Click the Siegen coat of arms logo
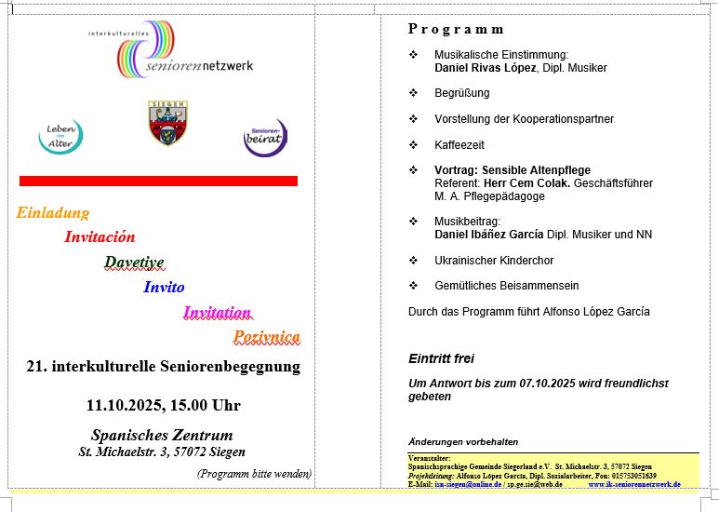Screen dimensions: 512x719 coord(167,123)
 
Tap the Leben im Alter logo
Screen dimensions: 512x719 coord(60,137)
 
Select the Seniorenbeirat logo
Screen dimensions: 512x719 coord(265,137)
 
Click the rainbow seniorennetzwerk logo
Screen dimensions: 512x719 coord(177,52)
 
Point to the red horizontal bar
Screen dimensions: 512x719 coord(158,181)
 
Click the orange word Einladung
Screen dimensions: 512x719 coord(53,212)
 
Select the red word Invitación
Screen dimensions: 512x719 coord(100,237)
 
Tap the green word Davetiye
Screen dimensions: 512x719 coord(134,263)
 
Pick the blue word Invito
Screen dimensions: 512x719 coord(164,288)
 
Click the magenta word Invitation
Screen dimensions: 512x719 coord(217,313)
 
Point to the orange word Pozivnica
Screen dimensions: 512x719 coord(267,337)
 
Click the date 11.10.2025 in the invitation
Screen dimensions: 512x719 coord(125,406)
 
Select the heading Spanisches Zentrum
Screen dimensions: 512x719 coord(162,436)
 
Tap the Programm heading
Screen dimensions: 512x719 coord(456,30)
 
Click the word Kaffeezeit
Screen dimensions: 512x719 coord(459,145)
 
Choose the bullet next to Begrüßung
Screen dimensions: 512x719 coord(414,93)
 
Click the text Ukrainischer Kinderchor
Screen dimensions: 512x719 coord(495,261)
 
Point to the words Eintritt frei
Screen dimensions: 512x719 coord(442,358)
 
